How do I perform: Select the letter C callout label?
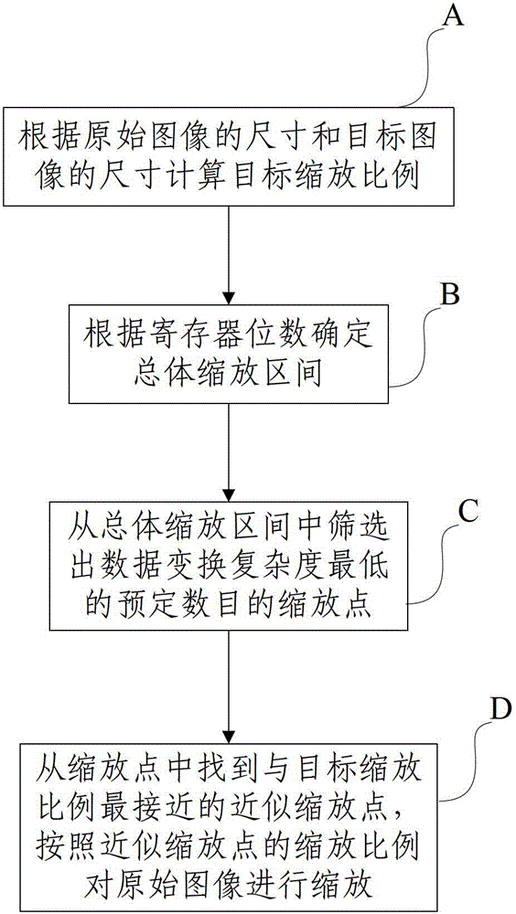(468, 513)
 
